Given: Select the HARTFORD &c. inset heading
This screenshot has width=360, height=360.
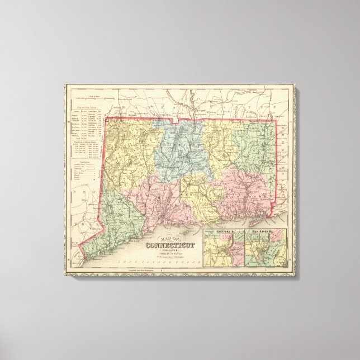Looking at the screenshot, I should pyautogui.click(x=220, y=229).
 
